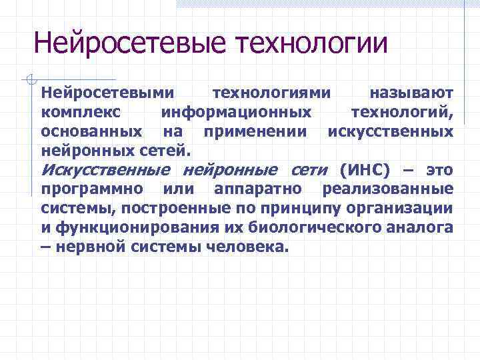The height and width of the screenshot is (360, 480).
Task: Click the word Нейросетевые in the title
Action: (x=131, y=45)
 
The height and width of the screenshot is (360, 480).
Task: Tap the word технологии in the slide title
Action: (x=311, y=45)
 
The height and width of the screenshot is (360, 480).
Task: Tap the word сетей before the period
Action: (x=167, y=149)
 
